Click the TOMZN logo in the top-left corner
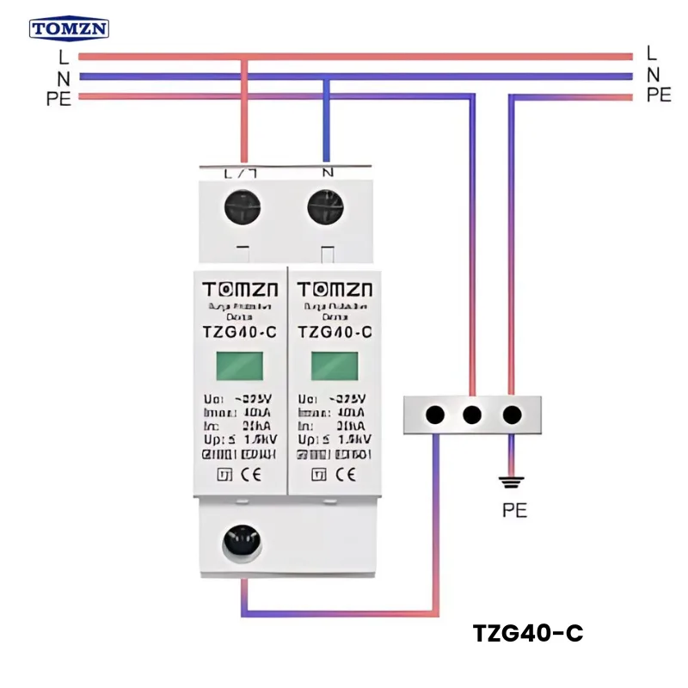[69, 29]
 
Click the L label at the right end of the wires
[652, 53]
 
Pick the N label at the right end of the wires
[653, 74]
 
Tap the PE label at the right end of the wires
[659, 95]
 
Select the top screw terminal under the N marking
[326, 208]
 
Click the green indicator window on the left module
[239, 365]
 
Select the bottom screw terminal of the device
[241, 542]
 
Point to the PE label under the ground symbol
[514, 510]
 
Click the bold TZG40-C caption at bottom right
[528, 634]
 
